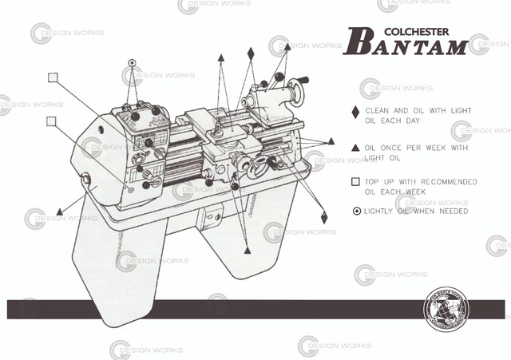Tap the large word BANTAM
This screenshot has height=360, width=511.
click(407, 45)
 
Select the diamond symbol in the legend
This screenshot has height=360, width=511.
click(355, 113)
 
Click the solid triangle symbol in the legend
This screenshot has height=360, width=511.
click(355, 148)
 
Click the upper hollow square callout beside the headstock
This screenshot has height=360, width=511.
click(53, 77)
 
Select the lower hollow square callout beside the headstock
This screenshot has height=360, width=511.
click(52, 121)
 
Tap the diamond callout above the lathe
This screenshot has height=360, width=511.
click(251, 53)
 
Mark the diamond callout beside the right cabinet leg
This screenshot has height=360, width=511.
click(324, 216)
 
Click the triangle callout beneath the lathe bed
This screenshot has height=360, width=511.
click(247, 251)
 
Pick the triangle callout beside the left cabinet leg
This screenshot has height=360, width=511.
click(60, 211)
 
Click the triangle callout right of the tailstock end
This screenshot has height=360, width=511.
click(330, 140)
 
